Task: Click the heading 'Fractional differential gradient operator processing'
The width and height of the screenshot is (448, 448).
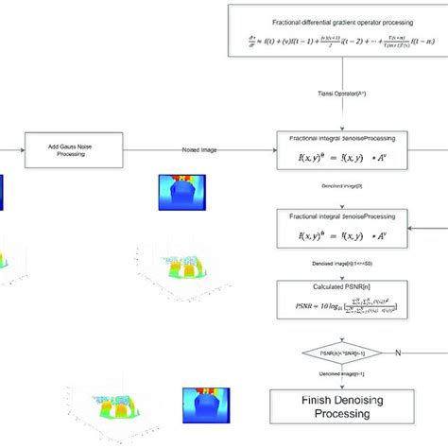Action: [x=339, y=20]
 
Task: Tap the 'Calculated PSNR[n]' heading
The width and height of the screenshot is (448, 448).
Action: [x=339, y=286]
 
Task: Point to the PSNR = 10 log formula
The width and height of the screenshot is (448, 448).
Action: [x=339, y=307]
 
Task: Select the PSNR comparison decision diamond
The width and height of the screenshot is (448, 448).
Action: [x=339, y=355]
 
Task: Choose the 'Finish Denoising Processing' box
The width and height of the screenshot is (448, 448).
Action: [x=339, y=405]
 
